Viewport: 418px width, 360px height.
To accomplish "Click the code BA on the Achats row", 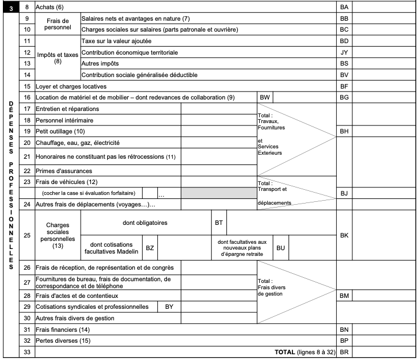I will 344,7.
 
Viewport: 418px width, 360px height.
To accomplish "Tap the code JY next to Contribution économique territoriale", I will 344,52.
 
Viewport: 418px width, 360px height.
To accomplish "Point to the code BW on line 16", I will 265,98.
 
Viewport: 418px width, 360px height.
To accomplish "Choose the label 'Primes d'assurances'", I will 64,171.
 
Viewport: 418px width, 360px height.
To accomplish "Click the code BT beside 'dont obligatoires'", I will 219,221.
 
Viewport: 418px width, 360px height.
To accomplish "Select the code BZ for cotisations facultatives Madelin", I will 150,248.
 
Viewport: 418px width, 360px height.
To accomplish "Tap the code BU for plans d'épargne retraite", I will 280,248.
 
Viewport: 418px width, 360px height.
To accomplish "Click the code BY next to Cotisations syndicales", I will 169,307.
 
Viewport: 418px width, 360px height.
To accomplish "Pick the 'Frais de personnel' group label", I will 56,24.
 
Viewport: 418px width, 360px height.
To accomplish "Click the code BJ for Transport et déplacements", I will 344,193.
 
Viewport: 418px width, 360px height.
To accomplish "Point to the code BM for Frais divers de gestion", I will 344,296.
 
